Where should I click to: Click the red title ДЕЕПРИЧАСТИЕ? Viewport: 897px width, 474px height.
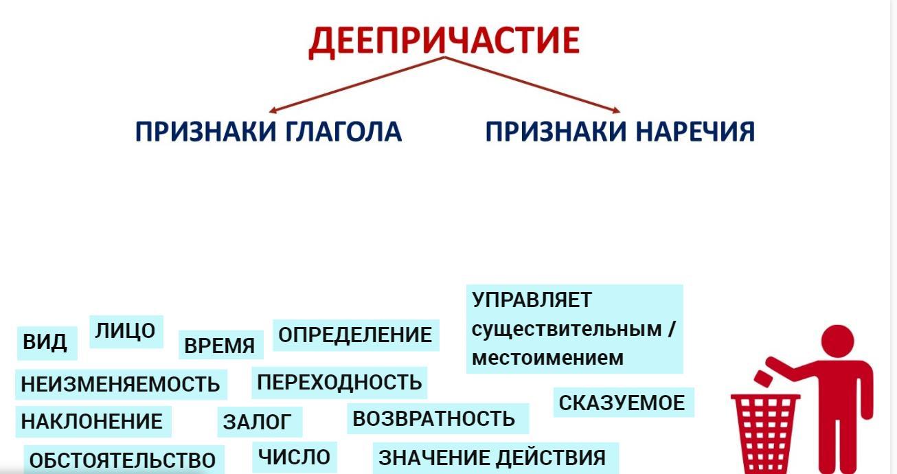point(444,41)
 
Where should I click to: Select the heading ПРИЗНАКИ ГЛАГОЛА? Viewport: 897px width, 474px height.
point(269,131)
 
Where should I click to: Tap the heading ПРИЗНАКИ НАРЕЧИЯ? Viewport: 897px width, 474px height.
point(620,131)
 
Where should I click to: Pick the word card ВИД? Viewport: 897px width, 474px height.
point(47,343)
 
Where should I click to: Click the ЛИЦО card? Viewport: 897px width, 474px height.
point(126,331)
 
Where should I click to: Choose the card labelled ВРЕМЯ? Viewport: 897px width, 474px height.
point(220,345)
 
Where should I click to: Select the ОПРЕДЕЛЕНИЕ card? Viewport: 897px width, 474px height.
point(356,335)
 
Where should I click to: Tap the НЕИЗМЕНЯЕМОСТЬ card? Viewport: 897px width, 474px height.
point(121,384)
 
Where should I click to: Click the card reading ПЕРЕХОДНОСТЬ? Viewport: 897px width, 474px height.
point(339,382)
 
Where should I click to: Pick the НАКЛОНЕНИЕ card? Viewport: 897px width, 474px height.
point(93,422)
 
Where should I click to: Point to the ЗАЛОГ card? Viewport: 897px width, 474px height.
point(260,422)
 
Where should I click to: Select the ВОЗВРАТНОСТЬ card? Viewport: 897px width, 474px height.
point(438,419)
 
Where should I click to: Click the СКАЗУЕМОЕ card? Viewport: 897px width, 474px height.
point(624,403)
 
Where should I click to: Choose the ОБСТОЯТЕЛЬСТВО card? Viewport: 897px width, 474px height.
point(124,460)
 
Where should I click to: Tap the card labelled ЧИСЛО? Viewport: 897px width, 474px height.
point(295,458)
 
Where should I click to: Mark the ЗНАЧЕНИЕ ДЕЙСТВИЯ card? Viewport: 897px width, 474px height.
point(496,458)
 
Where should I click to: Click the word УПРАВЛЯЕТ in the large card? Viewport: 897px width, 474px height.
point(532,300)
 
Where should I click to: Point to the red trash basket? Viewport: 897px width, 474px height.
point(765,433)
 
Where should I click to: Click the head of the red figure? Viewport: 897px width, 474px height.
point(838,342)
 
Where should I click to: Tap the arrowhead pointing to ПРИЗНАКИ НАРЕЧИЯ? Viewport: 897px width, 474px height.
point(617,111)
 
